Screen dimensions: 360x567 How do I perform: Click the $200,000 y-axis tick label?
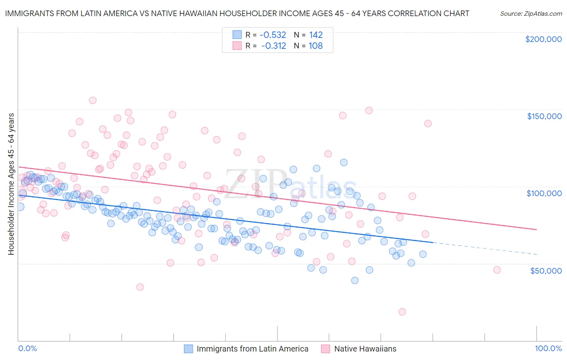pyautogui.click(x=543, y=39)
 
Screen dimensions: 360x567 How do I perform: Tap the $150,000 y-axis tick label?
pyautogui.click(x=544, y=116)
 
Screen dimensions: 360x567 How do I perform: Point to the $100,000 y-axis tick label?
pyautogui.click(x=544, y=193)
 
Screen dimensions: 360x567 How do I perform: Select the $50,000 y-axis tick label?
pyautogui.click(x=546, y=270)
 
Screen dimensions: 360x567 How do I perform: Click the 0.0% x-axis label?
pyautogui.click(x=27, y=348)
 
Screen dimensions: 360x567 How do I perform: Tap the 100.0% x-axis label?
pyautogui.click(x=548, y=348)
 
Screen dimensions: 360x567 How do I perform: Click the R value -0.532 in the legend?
pyautogui.click(x=273, y=35)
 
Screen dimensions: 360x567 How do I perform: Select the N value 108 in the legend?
pyautogui.click(x=315, y=46)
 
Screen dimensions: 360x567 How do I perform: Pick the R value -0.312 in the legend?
pyautogui.click(x=273, y=46)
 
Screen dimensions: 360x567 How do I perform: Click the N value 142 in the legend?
pyautogui.click(x=316, y=35)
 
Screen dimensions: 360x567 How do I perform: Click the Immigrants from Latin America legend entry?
pyautogui.click(x=252, y=349)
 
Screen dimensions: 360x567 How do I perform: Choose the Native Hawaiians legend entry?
pyautogui.click(x=365, y=349)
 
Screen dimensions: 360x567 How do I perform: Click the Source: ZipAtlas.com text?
pyautogui.click(x=531, y=13)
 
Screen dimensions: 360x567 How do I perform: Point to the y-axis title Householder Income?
pyautogui.click(x=11, y=184)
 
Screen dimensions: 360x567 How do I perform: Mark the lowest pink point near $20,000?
pyautogui.click(x=402, y=312)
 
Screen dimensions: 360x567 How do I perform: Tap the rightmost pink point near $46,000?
pyautogui.click(x=497, y=270)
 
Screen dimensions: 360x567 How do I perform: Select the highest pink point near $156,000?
pyautogui.click(x=93, y=100)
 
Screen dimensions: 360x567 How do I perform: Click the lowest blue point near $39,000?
pyautogui.click(x=355, y=280)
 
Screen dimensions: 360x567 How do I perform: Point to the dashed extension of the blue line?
pyautogui.click(x=484, y=248)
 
